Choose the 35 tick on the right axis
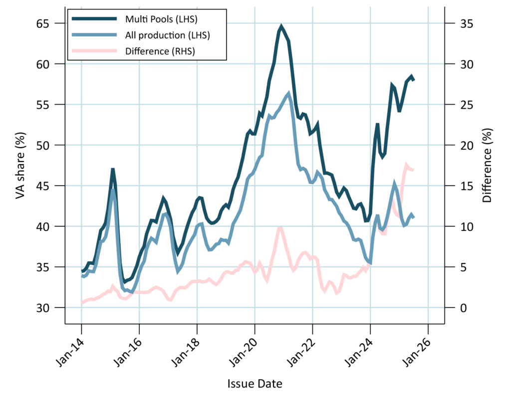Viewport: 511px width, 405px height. point(460,23)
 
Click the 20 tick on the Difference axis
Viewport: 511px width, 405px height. point(460,145)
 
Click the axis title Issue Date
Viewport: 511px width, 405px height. point(255,384)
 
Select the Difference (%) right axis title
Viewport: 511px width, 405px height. point(488,166)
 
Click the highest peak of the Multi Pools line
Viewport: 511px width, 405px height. point(281,26)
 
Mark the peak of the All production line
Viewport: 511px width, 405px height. point(288,93)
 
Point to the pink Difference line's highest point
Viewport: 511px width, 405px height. point(406,165)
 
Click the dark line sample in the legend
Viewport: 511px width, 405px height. point(95,19)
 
